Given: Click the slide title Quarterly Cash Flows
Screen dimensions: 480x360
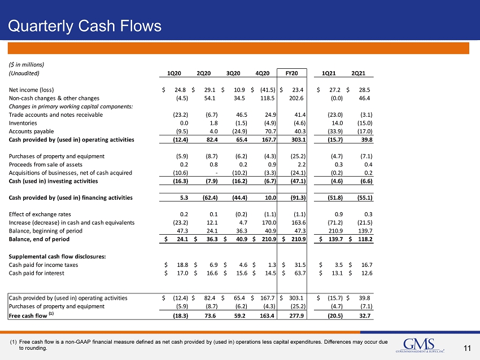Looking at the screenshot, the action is click(x=85, y=26).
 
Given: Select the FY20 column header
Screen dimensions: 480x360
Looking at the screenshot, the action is click(x=291, y=73).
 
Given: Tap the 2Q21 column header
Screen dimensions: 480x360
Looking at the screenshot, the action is click(x=358, y=73).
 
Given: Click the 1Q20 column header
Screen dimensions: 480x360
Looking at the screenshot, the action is click(x=174, y=73).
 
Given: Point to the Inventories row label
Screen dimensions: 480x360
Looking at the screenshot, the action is click(x=23, y=123).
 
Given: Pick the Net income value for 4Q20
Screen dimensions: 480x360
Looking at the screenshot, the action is click(x=268, y=90).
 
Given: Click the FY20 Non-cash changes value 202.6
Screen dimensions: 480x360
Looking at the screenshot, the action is click(x=296, y=98).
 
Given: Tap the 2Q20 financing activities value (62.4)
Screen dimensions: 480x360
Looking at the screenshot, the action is click(x=210, y=197).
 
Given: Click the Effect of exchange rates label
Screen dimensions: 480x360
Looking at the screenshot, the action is click(x=40, y=214).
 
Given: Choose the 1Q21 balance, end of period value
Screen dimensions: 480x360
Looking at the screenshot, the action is click(x=335, y=239).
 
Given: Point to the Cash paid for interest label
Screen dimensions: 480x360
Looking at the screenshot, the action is click(x=37, y=273).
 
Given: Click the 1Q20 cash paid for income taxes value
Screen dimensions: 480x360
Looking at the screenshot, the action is click(x=182, y=265).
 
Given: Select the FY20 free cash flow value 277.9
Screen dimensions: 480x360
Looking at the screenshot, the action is click(x=296, y=315).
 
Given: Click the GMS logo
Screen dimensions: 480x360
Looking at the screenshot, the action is click(x=420, y=345).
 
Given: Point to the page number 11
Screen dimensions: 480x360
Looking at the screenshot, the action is click(x=467, y=348).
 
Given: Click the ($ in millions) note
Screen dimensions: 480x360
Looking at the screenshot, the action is click(x=27, y=64).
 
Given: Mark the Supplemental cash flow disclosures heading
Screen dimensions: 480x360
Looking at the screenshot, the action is click(x=57, y=257).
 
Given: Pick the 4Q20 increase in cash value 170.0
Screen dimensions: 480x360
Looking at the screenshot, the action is click(x=269, y=222).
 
